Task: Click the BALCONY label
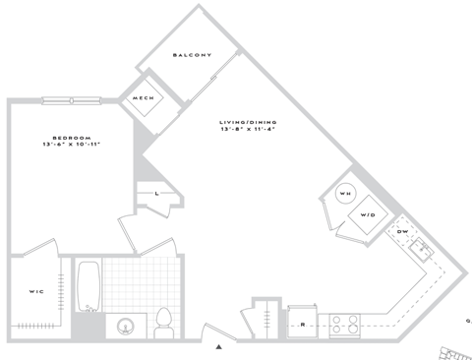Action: [x=191, y=56]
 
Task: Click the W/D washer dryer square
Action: [x=368, y=214]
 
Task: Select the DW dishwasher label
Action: [x=402, y=231]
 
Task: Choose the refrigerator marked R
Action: [x=303, y=322]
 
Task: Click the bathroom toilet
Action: [x=164, y=320]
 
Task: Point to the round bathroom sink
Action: [x=127, y=326]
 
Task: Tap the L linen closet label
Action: [x=157, y=195]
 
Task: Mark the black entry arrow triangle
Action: [x=219, y=345]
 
